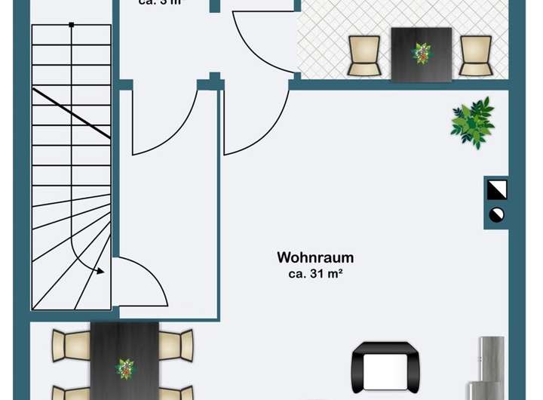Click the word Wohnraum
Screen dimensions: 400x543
(x=315, y=258)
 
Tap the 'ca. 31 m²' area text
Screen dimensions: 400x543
(x=315, y=275)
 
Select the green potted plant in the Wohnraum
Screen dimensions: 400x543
(x=473, y=122)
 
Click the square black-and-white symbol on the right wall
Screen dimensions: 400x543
(x=497, y=189)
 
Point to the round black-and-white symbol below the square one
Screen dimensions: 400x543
(x=497, y=214)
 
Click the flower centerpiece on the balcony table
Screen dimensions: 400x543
(x=421, y=52)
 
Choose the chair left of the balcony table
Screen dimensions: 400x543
(x=364, y=55)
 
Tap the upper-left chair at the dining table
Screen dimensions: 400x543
(x=72, y=345)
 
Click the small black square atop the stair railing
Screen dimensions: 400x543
(x=71, y=25)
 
